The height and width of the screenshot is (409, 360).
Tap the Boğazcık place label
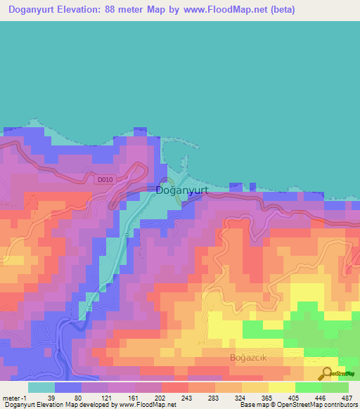point(250,357)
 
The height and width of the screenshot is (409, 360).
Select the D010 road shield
point(104,179)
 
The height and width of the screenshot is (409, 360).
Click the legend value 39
point(51,398)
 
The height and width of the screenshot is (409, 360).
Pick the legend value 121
point(108,398)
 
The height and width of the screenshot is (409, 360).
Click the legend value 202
point(166,398)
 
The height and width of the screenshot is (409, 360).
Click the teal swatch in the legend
point(41,387)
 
